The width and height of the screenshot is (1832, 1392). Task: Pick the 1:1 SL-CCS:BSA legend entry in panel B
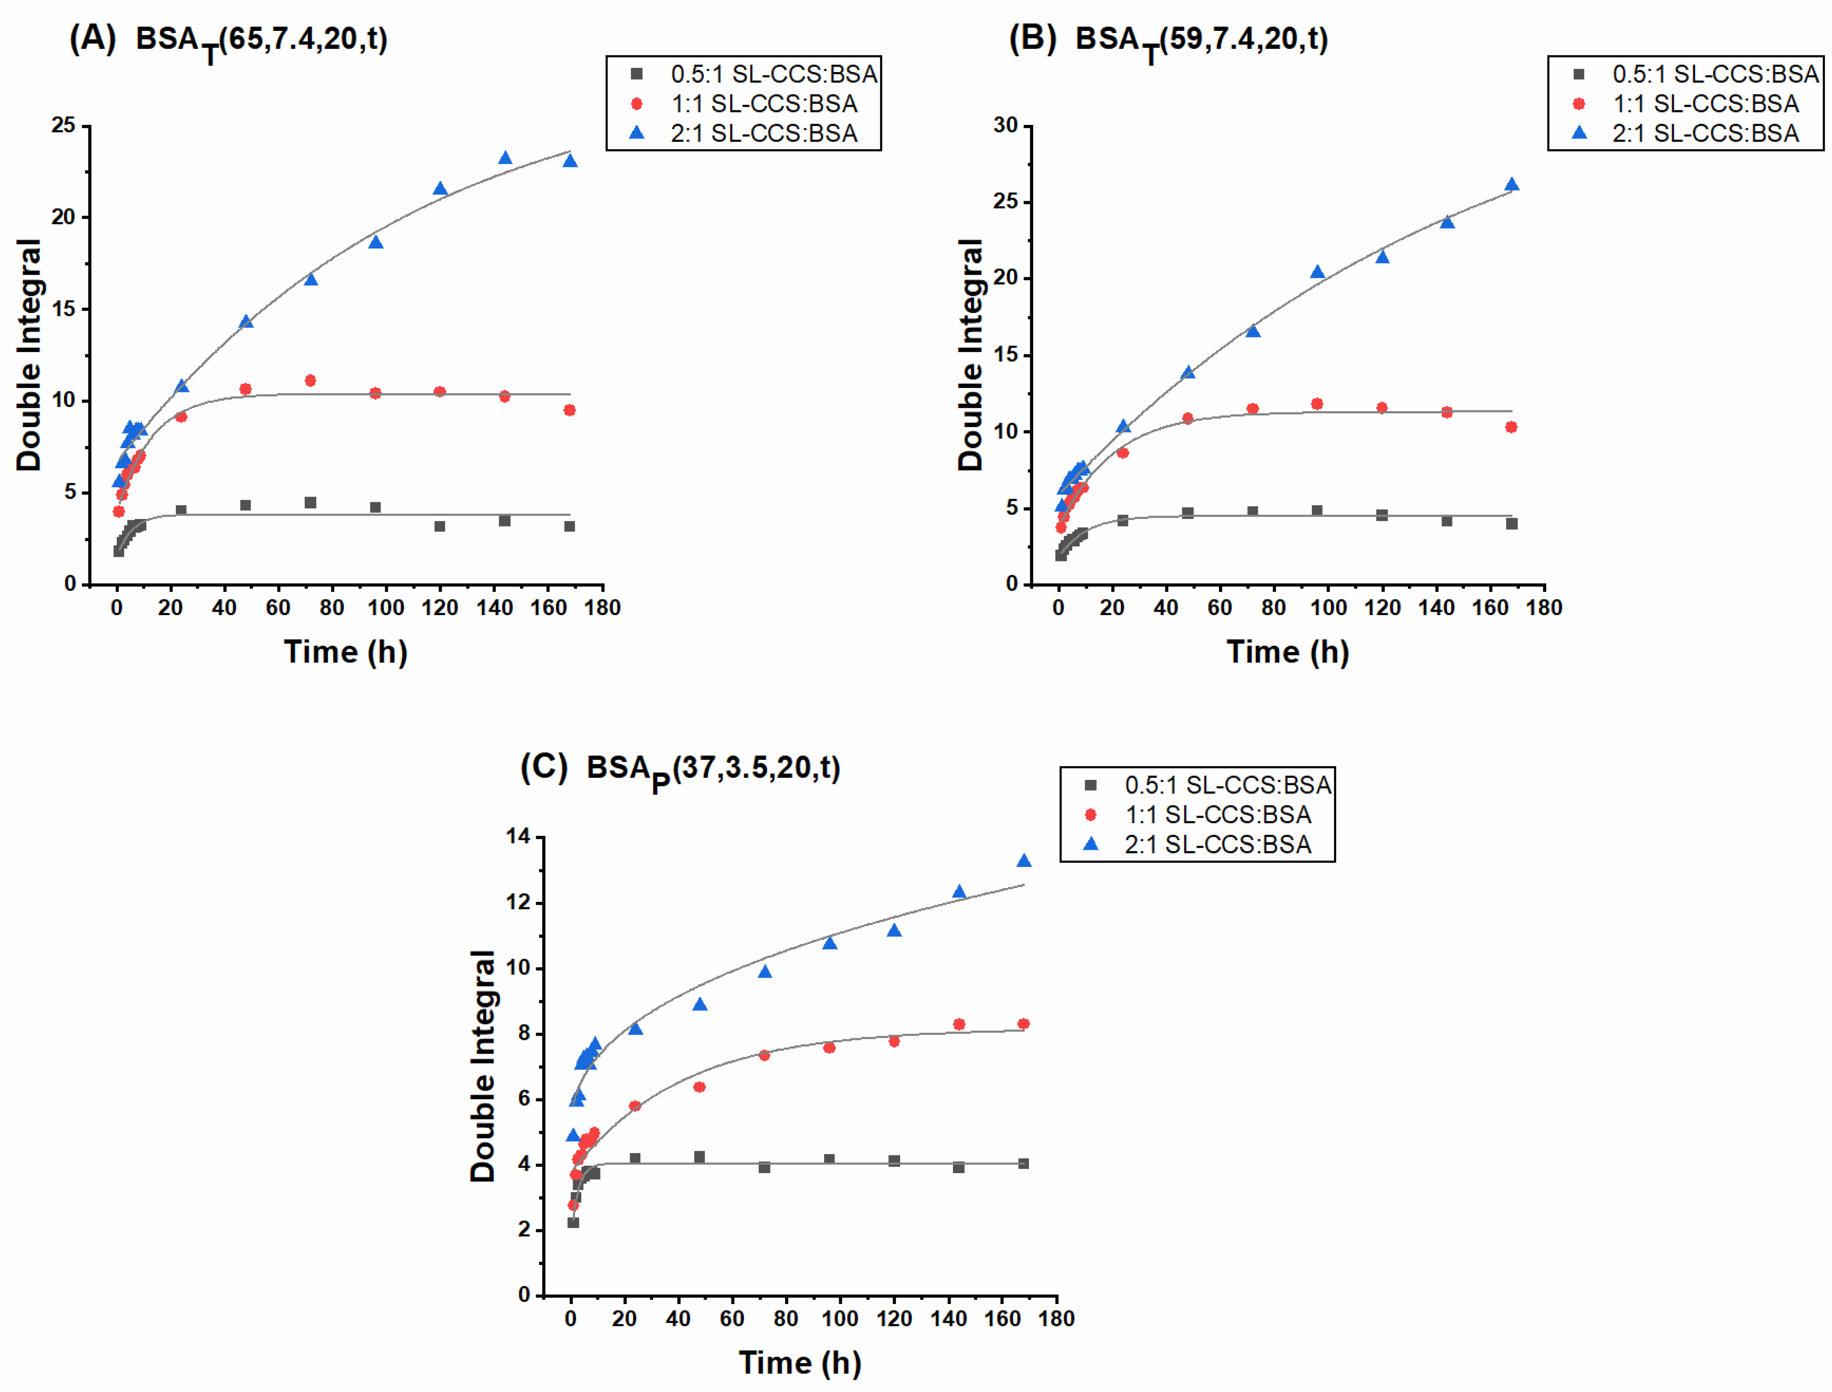pos(1705,103)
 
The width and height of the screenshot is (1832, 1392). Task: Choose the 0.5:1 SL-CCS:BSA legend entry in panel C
pos(1226,785)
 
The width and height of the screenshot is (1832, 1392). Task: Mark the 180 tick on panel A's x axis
pos(602,608)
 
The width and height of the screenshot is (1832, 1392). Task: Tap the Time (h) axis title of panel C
pos(800,1363)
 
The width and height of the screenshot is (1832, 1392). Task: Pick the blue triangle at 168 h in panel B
pos(1511,185)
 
